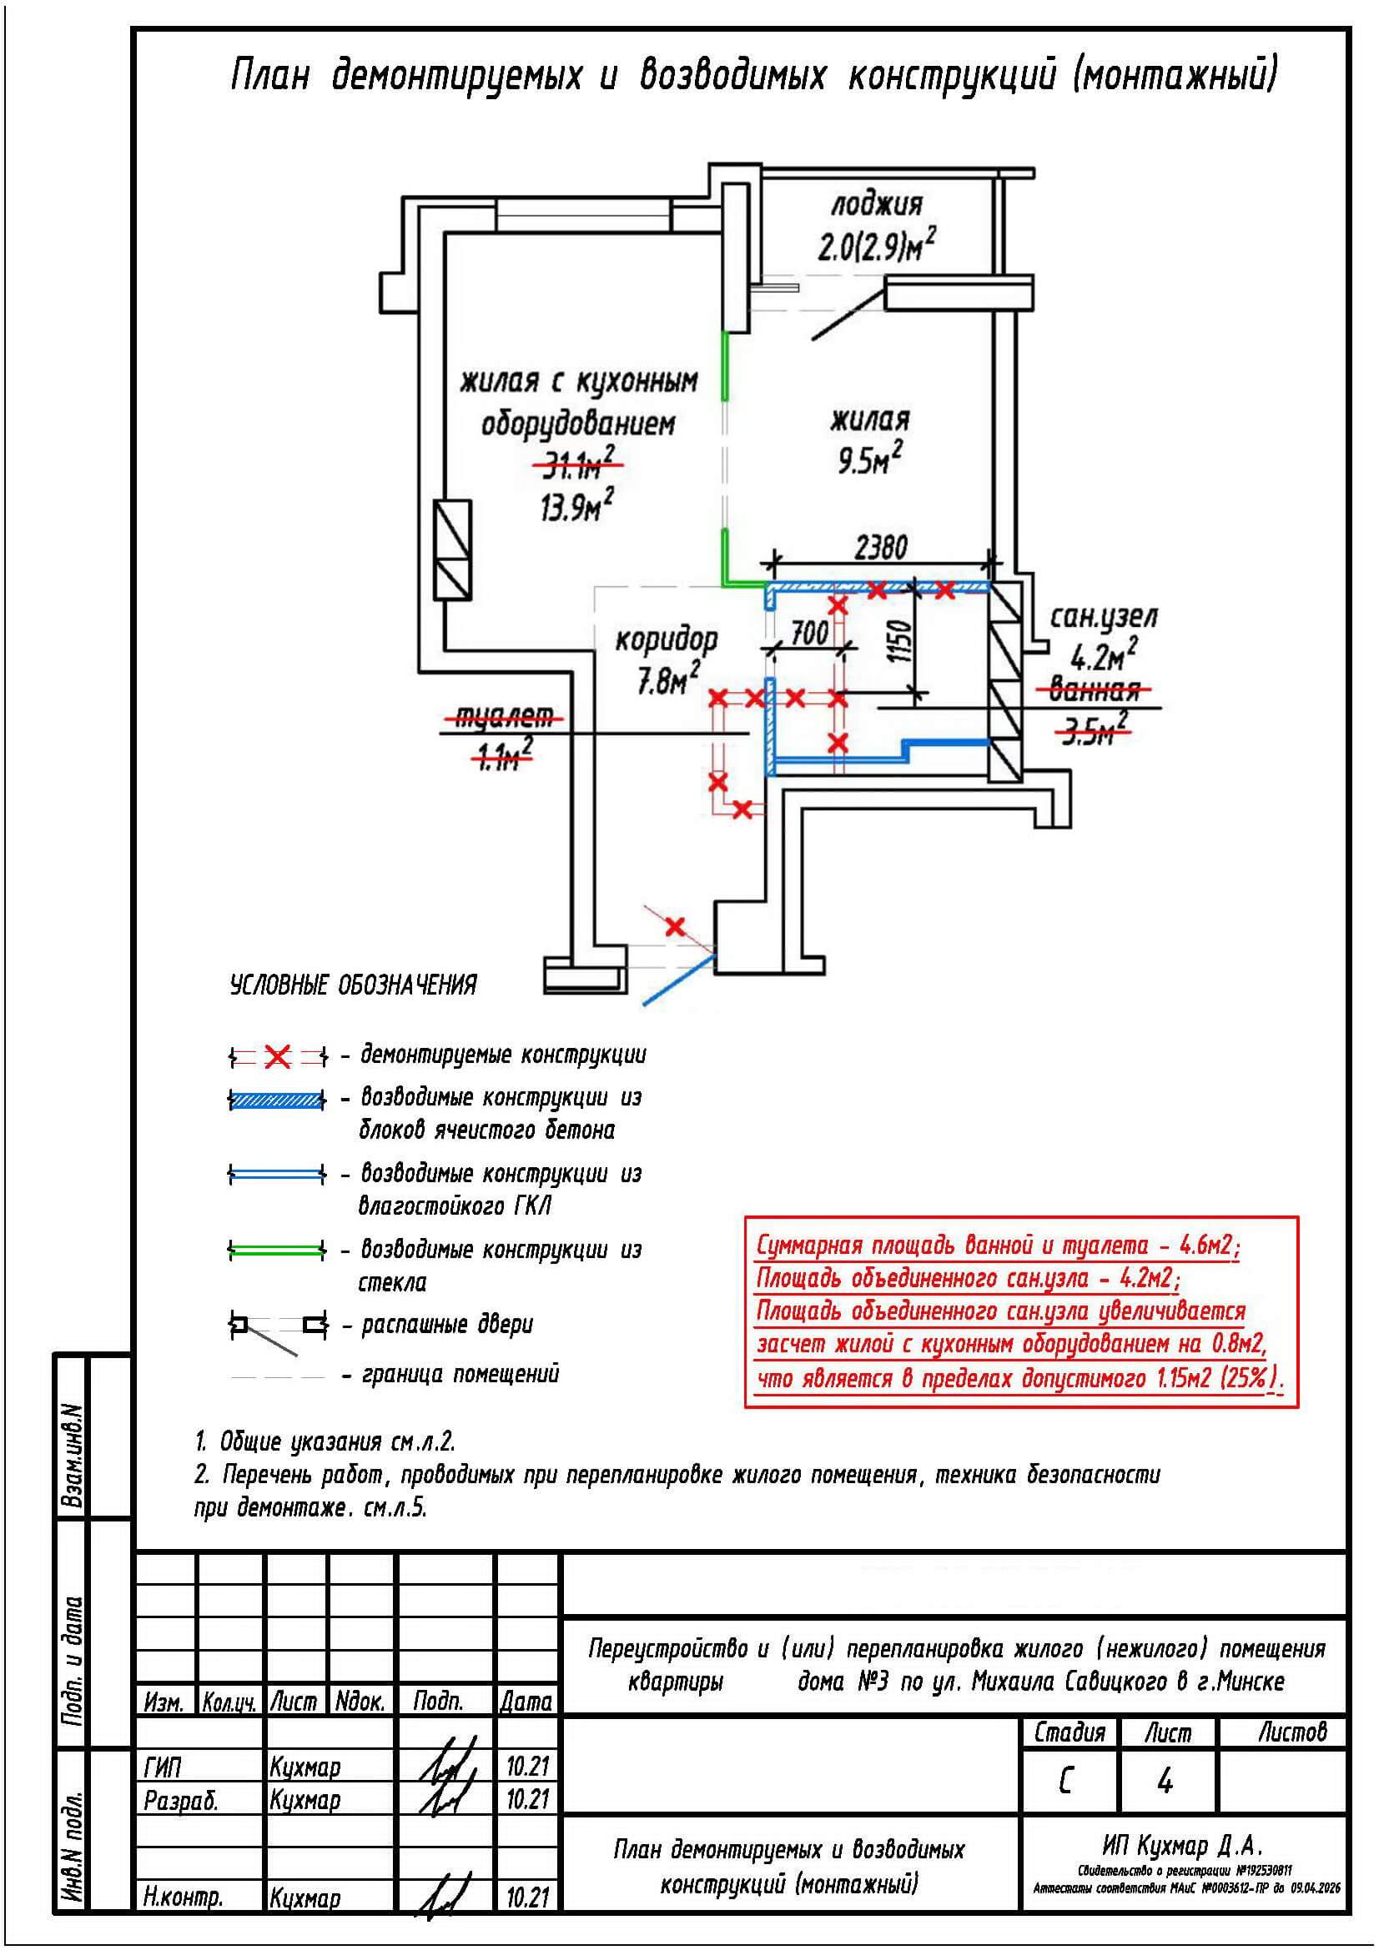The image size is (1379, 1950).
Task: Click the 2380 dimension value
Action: (880, 547)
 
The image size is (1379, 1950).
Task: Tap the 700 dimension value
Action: (809, 632)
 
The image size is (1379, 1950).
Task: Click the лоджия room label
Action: (875, 205)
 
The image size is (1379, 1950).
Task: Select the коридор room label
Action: (666, 639)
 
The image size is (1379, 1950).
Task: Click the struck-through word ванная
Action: (1094, 689)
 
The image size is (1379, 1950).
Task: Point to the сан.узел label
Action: (1104, 617)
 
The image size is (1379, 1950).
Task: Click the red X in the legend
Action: (278, 1057)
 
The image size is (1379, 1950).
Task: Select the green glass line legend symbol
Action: (277, 1250)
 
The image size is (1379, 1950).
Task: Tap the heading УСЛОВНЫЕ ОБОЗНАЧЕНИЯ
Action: (354, 985)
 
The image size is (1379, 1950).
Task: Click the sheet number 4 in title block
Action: (1165, 1782)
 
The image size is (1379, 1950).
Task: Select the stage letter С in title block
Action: (1066, 1782)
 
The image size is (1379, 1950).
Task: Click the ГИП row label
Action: (163, 1767)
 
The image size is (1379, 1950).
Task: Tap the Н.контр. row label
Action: (183, 1897)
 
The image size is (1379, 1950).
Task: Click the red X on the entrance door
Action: (675, 925)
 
